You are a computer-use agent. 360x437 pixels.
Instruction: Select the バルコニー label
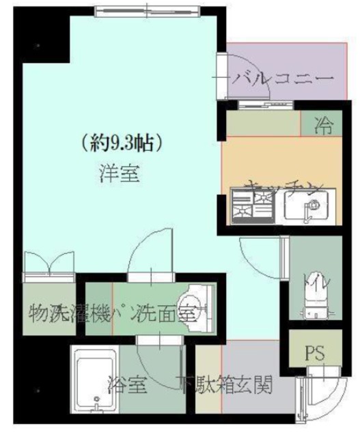(x=279, y=78)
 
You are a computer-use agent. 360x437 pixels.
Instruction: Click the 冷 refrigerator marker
(x=322, y=124)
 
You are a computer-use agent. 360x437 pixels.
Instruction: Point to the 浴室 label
(x=127, y=386)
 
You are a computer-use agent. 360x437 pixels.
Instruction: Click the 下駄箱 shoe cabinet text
(x=203, y=386)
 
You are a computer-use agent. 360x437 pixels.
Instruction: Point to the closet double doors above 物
(x=48, y=264)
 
